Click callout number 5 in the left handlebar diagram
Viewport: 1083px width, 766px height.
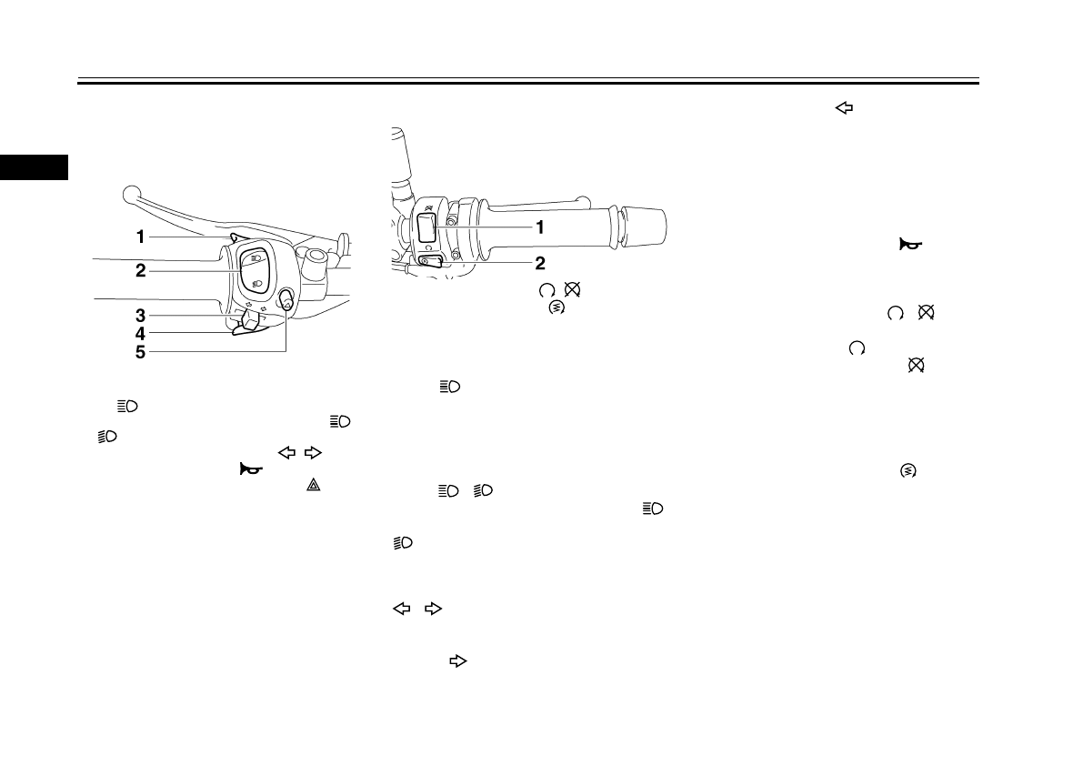[x=140, y=352]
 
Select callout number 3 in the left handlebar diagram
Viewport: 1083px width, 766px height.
[x=140, y=316]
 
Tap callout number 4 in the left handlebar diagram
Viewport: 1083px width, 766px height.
[x=140, y=334]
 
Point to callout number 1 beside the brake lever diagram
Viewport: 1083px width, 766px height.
[x=140, y=237]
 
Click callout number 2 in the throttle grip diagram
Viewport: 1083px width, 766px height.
[x=540, y=263]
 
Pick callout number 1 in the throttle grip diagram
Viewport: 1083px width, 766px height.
[x=540, y=227]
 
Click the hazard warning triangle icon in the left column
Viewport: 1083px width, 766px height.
[x=314, y=485]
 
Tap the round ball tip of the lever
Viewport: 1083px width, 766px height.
[x=131, y=194]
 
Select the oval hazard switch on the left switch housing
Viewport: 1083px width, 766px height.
[x=286, y=300]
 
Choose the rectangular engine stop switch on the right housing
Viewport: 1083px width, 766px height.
[x=426, y=228]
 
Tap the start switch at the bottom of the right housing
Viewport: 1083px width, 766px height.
[x=430, y=261]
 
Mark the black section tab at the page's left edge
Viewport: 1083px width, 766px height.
[x=34, y=167]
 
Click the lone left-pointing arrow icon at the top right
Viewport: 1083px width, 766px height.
[x=844, y=107]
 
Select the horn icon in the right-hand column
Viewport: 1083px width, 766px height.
[x=910, y=245]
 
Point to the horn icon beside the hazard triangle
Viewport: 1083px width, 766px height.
[x=251, y=469]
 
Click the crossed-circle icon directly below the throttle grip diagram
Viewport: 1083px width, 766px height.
[x=572, y=289]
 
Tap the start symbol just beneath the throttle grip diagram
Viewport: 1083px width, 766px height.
[x=556, y=308]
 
